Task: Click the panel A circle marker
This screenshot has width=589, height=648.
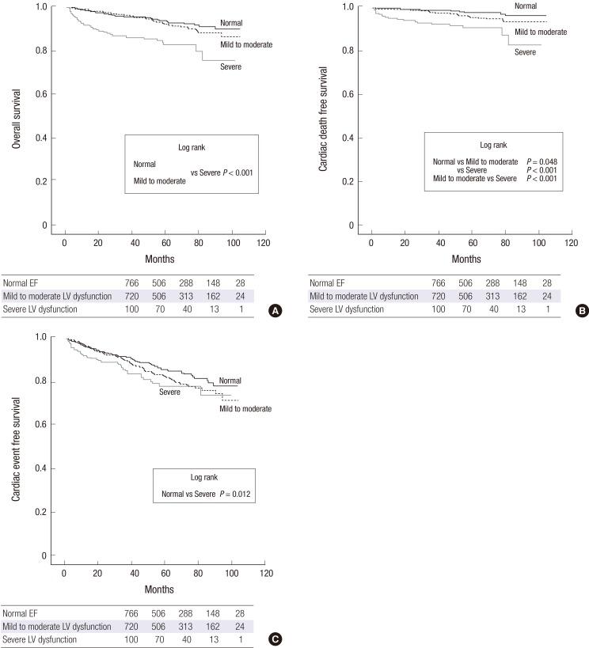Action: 275,312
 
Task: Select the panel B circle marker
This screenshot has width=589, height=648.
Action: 582,312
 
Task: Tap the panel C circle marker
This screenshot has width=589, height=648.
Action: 275,639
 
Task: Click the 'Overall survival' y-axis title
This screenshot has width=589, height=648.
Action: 15,117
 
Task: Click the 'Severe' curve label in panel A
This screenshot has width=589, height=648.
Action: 231,67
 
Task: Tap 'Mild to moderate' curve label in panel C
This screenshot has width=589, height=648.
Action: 245,408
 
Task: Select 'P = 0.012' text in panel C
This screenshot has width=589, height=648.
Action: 235,495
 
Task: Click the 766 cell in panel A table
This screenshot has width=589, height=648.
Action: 132,282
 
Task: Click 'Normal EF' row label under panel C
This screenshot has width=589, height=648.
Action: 21,612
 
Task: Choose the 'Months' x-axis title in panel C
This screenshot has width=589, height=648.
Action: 159,589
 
